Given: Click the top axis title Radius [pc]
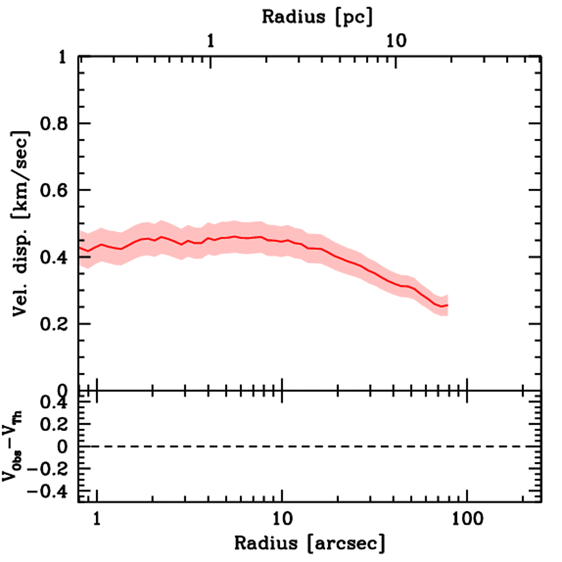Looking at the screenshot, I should [x=317, y=16].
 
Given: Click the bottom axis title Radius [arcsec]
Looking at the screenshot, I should [x=310, y=543].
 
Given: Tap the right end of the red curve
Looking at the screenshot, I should [x=448, y=305].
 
